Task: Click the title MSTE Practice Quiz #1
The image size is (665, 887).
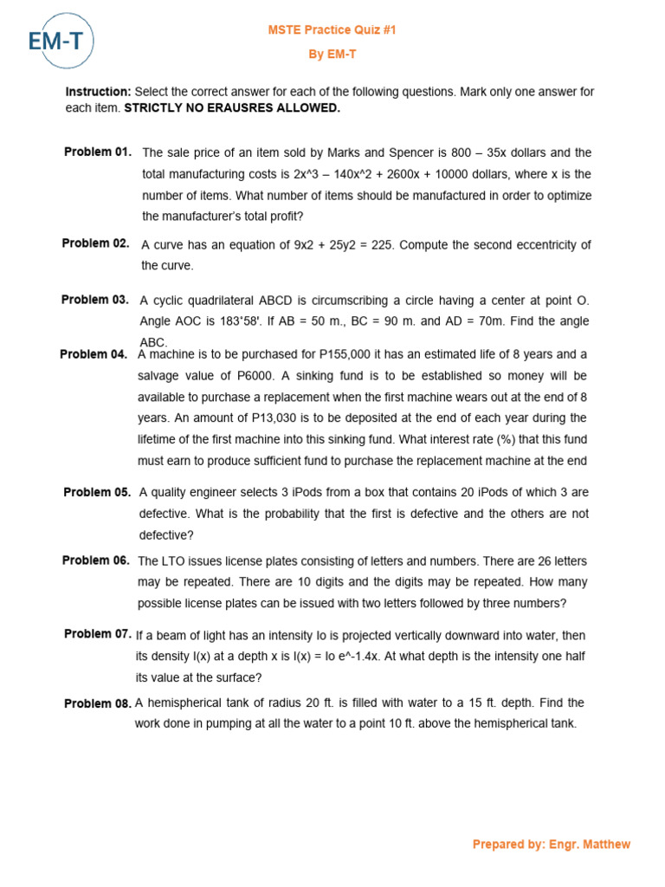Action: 332,30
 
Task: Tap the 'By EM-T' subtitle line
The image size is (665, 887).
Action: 332,55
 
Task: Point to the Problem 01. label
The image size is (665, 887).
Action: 98,152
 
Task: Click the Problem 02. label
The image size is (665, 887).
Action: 96,243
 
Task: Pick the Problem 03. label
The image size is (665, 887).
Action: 95,300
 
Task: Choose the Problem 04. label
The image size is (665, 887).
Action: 94,354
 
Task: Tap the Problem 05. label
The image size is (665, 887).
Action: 97,492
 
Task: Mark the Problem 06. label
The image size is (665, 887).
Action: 96,560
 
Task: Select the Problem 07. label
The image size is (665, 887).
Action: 98,634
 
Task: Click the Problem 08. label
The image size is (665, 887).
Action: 98,703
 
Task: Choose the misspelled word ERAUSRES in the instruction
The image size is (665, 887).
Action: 239,108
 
